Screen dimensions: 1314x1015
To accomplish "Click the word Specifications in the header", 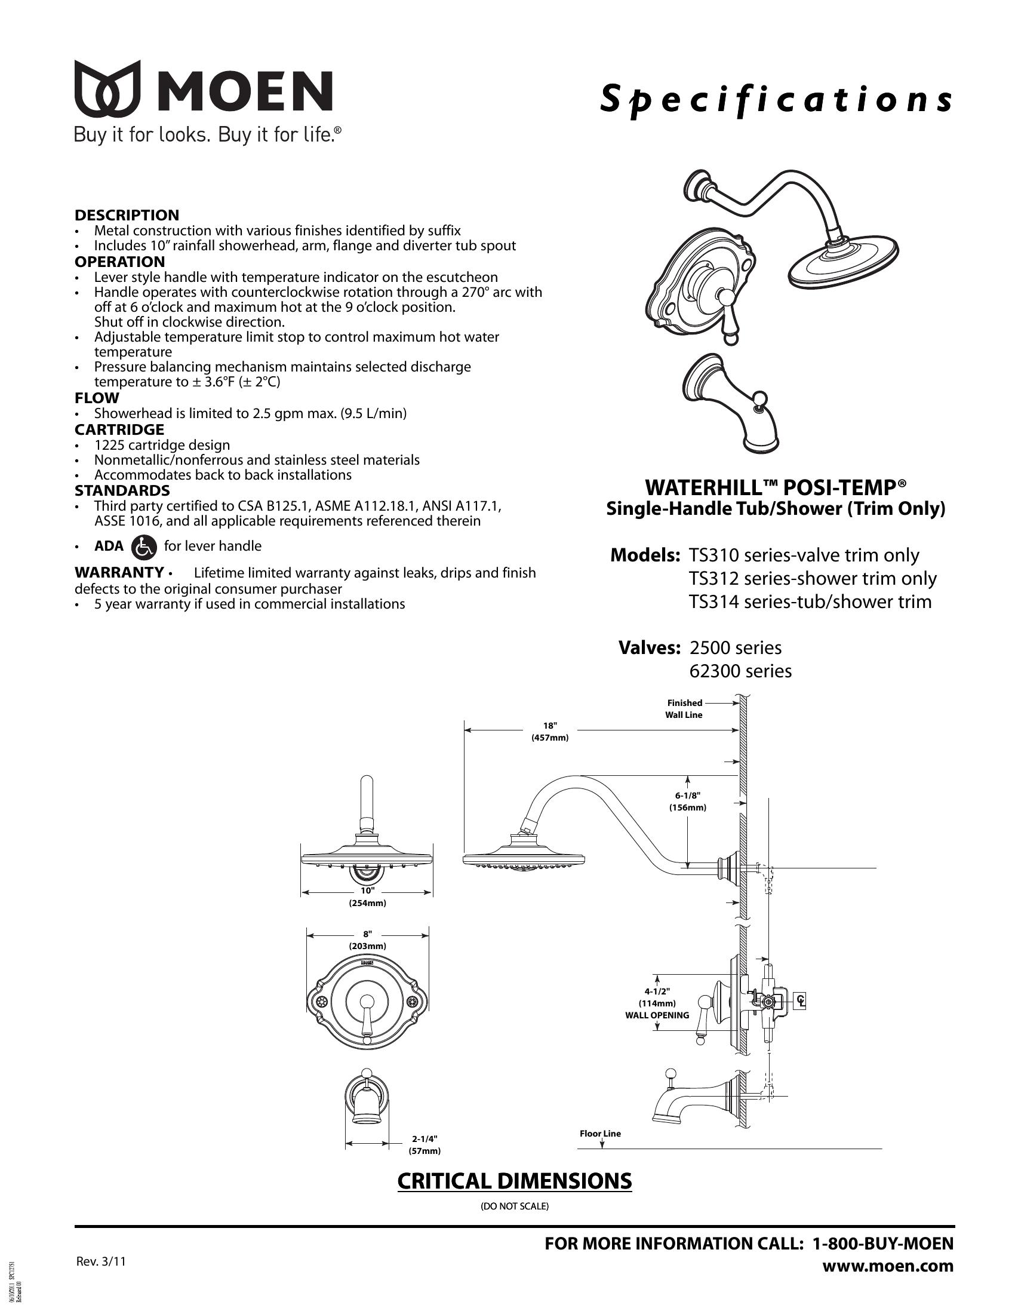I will coord(776,100).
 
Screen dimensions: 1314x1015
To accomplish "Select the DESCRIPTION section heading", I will coord(127,215).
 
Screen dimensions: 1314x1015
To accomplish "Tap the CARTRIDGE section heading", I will coord(119,429).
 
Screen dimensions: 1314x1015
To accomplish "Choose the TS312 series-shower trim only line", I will coord(813,578).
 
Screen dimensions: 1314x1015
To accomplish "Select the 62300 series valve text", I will coord(740,671).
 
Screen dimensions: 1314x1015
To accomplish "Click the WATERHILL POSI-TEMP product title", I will coord(776,486).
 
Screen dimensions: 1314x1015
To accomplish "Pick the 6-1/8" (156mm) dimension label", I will coord(687,802).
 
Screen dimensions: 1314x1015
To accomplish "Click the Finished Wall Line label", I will coord(684,709).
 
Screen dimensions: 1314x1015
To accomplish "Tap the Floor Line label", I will coord(600,1134).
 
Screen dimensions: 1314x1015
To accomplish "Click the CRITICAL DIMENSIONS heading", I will coord(514,1181).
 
